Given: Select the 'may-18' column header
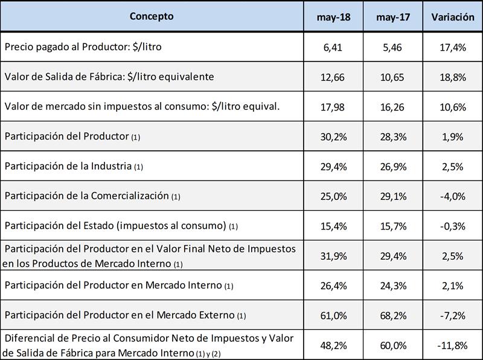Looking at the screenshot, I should (x=334, y=17).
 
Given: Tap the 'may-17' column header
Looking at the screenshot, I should (x=393, y=17).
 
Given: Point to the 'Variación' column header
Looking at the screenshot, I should (x=453, y=17).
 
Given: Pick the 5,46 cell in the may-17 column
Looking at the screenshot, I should (x=393, y=47).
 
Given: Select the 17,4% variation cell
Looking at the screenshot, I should (x=453, y=47).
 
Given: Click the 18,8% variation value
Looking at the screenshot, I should (x=453, y=77).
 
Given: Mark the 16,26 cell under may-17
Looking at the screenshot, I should (x=393, y=106).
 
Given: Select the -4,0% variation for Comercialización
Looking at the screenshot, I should (x=453, y=196).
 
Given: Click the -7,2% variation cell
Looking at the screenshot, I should (x=453, y=315).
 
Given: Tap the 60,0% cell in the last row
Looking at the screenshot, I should (x=393, y=345).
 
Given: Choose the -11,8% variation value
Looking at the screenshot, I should (x=453, y=345).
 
